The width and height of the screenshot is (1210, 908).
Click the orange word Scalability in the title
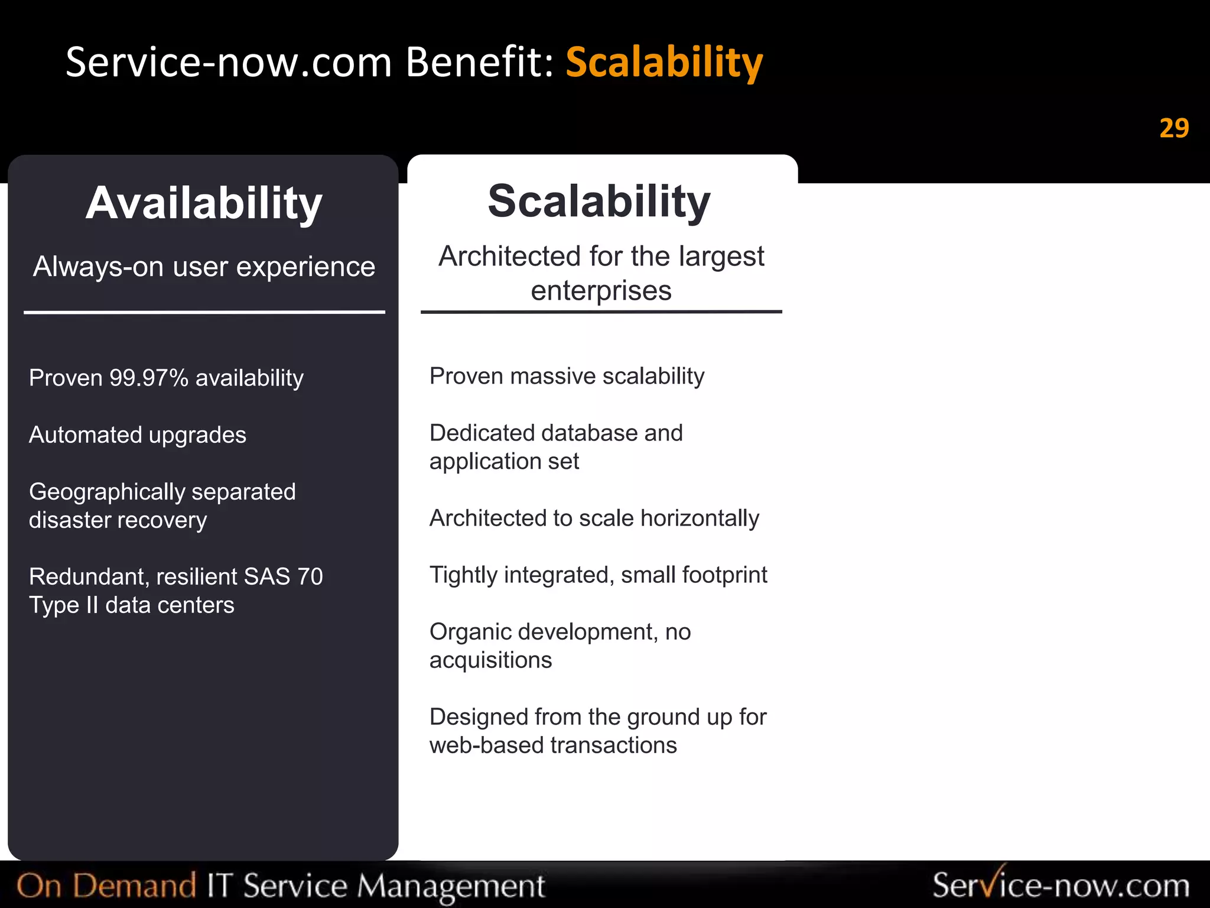[x=664, y=63]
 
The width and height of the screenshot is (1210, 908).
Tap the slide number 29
[x=1174, y=128]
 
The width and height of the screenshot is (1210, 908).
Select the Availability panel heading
[x=204, y=203]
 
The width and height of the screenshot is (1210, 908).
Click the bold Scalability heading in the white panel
[x=599, y=201]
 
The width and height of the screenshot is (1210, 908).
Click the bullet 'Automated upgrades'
[x=137, y=435]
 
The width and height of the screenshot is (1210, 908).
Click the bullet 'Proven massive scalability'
[x=567, y=377]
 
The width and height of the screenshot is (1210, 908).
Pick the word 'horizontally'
[x=700, y=518]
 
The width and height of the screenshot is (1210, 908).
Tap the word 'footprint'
[x=724, y=575]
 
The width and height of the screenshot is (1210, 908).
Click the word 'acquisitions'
[x=490, y=660]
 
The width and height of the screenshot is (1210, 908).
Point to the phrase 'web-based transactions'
[x=553, y=745]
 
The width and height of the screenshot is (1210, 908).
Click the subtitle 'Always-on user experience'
[x=204, y=267]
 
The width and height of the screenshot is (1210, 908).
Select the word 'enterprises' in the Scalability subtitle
[x=601, y=291]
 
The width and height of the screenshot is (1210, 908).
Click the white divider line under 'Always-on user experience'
[x=204, y=312]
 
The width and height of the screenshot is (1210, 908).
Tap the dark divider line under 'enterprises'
[x=601, y=311]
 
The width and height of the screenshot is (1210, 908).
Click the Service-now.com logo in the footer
[x=1061, y=885]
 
